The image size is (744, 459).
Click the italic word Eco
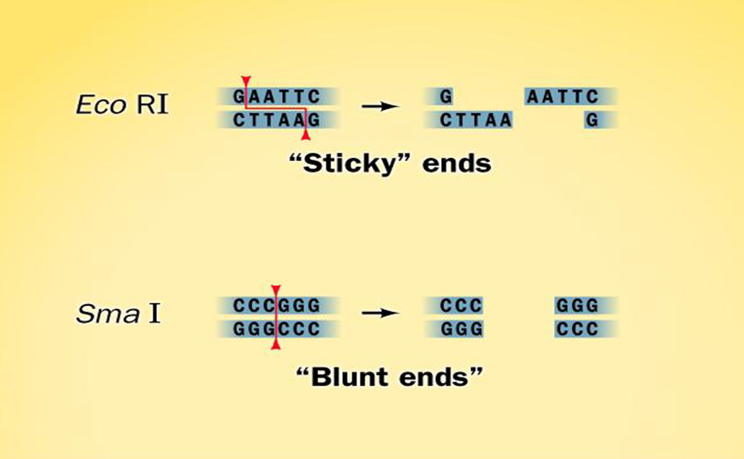101,105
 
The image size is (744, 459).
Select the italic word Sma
108,314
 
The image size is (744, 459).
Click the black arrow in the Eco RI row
380,106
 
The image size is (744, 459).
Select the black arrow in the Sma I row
380,313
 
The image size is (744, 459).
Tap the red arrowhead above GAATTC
246,80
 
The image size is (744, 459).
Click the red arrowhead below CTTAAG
306,135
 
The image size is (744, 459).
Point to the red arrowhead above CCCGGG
276,289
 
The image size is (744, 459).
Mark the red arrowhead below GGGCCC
276,345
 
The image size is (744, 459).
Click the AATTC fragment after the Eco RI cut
562,97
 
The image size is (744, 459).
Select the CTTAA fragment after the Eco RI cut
476,120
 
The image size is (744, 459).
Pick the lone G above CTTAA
446,97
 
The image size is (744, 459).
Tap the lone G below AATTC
592,120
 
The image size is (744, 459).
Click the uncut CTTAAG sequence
277,120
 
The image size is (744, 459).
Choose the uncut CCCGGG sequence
277,306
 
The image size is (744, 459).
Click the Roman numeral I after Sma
154,314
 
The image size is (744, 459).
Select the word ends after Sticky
457,164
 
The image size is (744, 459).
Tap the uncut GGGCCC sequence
277,329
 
